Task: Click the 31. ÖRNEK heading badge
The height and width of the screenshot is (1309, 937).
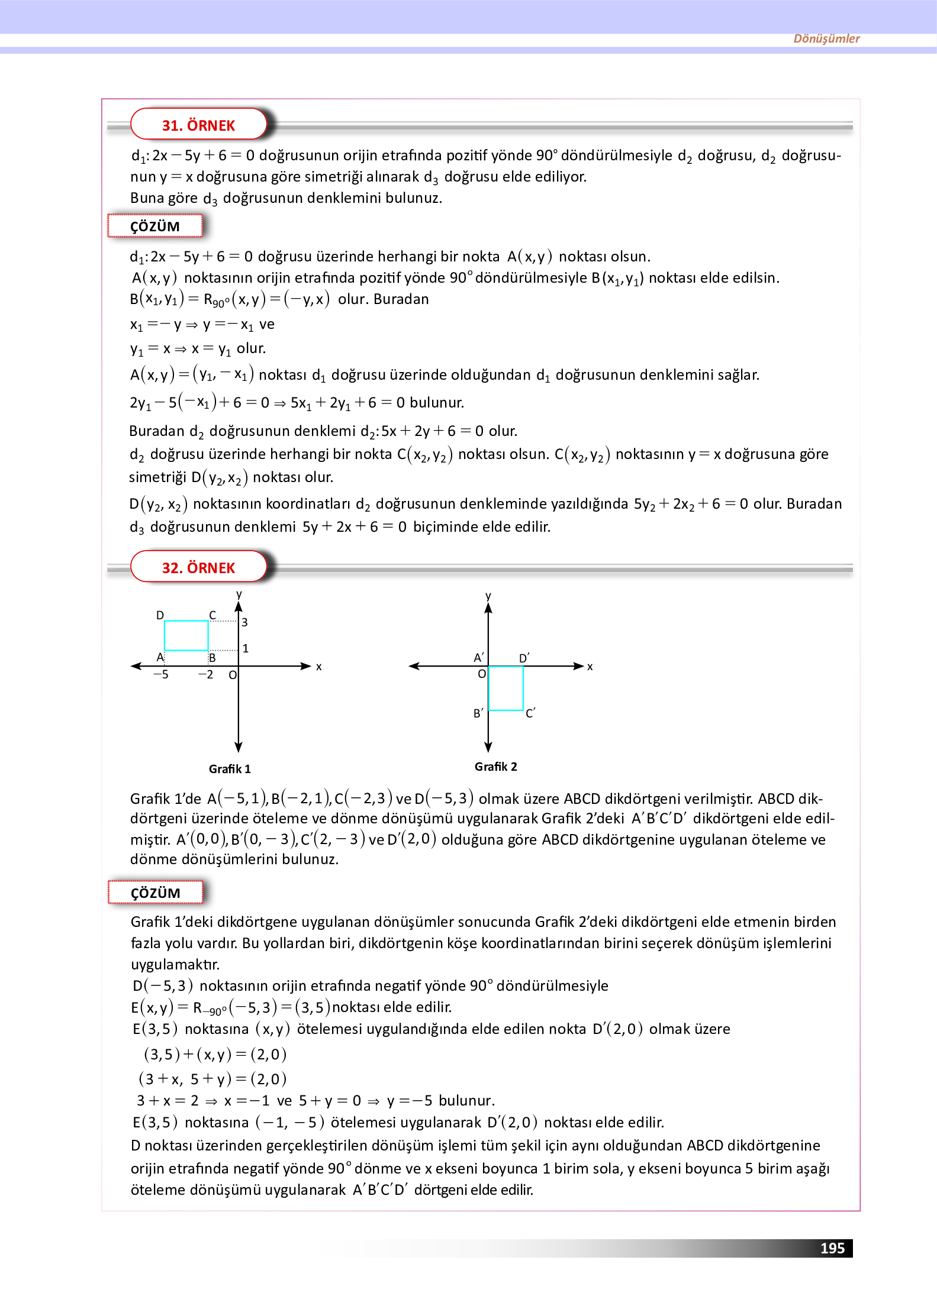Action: pyautogui.click(x=198, y=125)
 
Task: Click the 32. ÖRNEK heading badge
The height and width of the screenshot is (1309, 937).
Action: pyautogui.click(x=198, y=568)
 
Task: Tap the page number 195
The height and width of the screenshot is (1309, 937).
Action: pyautogui.click(x=832, y=1248)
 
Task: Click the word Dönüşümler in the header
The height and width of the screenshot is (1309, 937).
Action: pyautogui.click(x=826, y=39)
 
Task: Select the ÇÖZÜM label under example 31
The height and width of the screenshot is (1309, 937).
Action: pyautogui.click(x=155, y=227)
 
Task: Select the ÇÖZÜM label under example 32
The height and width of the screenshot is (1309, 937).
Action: pyautogui.click(x=155, y=893)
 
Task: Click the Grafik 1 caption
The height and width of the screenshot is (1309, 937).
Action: pyautogui.click(x=230, y=769)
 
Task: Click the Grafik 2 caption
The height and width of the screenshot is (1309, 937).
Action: pyautogui.click(x=495, y=767)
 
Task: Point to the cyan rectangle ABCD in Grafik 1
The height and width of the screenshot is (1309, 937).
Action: pyautogui.click(x=186, y=635)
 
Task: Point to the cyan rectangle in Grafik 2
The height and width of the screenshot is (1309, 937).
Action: pyautogui.click(x=506, y=688)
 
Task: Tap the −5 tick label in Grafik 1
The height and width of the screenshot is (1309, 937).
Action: pyautogui.click(x=161, y=674)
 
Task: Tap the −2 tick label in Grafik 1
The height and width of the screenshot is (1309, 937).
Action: pyautogui.click(x=205, y=674)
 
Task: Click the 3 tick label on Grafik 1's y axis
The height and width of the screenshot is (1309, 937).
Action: pyautogui.click(x=244, y=622)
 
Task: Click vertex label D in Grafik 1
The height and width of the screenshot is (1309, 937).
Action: pyautogui.click(x=160, y=615)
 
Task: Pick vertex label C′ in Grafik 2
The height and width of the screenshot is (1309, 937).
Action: pyautogui.click(x=530, y=713)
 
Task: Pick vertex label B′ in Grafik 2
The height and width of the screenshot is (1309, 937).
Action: pyautogui.click(x=478, y=713)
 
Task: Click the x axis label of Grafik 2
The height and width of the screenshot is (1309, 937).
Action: pyautogui.click(x=590, y=667)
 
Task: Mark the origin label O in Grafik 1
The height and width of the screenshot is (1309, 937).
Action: pyautogui.click(x=233, y=675)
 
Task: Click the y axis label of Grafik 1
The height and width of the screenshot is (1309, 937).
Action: pyautogui.click(x=239, y=594)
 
